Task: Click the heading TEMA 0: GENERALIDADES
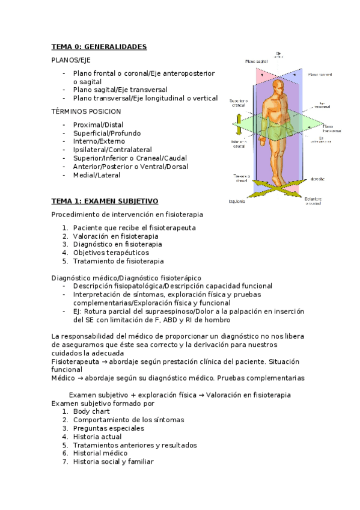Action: point(99,47)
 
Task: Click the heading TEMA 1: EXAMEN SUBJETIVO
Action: point(105,200)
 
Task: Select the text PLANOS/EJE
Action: point(72,60)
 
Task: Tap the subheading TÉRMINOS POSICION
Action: point(86,111)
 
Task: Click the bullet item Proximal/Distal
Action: point(98,124)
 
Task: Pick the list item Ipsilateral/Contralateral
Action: point(112,150)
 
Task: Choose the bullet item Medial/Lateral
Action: point(97,175)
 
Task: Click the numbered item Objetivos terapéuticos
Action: point(111,253)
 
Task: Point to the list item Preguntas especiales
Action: point(109,428)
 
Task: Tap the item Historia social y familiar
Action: point(113,462)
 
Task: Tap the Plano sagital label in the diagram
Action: point(255,61)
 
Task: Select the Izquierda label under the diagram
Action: point(237,201)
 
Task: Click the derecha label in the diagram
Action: point(318,179)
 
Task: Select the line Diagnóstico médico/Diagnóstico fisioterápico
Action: point(126,278)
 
